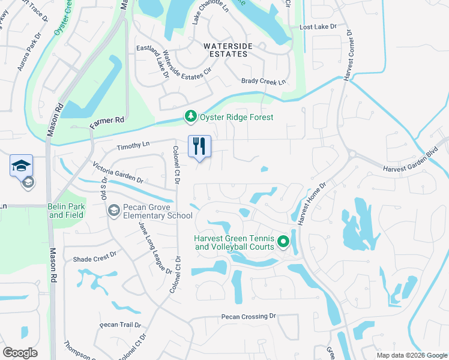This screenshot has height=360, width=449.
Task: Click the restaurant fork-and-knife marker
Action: click(x=199, y=146)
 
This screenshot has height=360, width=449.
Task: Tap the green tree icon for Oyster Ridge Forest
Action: click(x=191, y=117)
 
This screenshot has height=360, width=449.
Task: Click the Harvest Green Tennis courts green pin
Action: click(x=283, y=242)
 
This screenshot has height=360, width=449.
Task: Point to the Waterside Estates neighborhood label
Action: click(x=225, y=50)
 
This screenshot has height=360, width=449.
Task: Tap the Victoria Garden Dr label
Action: click(x=118, y=172)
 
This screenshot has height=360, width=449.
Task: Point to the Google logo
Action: click(x=20, y=353)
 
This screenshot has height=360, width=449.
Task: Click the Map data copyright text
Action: click(x=411, y=355)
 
